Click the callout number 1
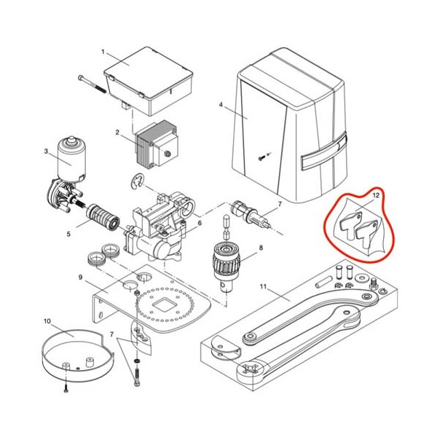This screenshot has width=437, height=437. (x=103, y=52)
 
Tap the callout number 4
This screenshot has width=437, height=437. (x=221, y=105)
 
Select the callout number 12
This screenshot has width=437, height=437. (x=376, y=195)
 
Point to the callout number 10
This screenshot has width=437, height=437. (x=47, y=321)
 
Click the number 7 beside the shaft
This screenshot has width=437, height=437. (x=280, y=204)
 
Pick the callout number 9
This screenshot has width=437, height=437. (x=81, y=277)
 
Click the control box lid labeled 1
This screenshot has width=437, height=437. (x=149, y=81)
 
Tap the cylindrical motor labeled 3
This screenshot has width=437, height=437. (x=71, y=159)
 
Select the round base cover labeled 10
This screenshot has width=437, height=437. (x=78, y=355)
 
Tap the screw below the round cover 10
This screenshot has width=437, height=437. (x=66, y=388)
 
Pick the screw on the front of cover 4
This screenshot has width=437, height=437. (x=261, y=158)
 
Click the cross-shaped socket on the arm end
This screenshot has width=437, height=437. (x=250, y=369)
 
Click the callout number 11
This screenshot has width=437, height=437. (x=263, y=286)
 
